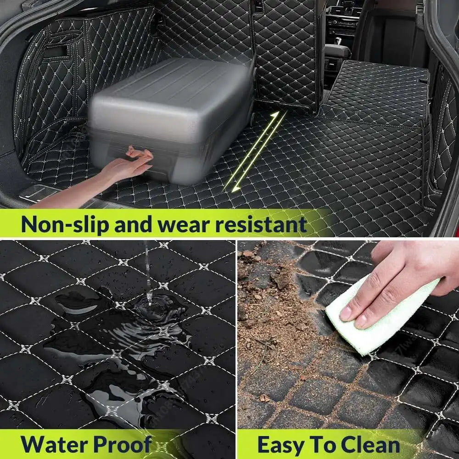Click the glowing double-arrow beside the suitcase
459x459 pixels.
tap(254, 151)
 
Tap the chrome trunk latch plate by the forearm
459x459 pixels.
tap(38, 193)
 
